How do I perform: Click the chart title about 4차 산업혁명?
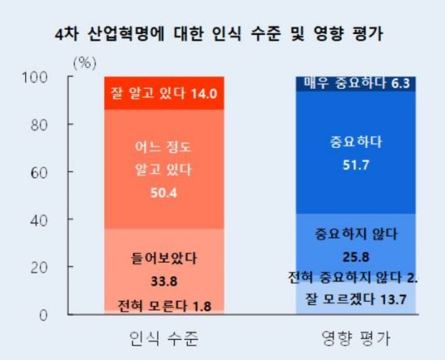coord(219,34)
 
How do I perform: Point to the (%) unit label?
coord(85,61)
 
